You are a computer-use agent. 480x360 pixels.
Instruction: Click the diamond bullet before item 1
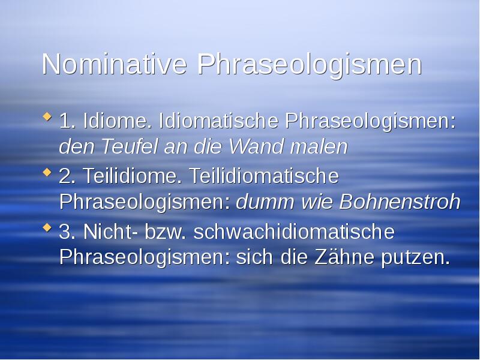click(47, 118)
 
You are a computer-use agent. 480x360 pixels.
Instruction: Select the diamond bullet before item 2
click(47, 173)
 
